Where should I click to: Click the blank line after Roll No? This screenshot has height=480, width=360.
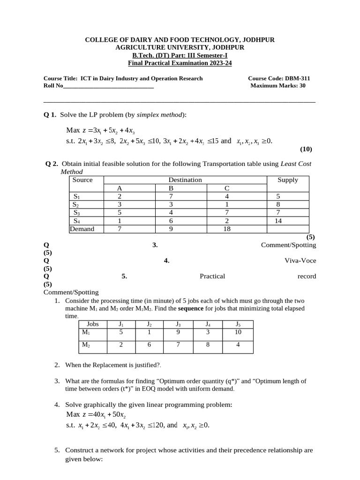pyautogui.click(x=108, y=86)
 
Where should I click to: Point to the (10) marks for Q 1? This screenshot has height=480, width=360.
pyautogui.click(x=306, y=150)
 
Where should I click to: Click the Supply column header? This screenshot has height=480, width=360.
pyautogui.click(x=288, y=180)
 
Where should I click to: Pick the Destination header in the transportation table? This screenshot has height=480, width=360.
pyautogui.click(x=185, y=180)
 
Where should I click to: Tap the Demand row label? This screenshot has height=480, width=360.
pyautogui.click(x=82, y=229)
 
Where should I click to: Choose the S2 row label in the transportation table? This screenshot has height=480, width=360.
pyautogui.click(x=75, y=204)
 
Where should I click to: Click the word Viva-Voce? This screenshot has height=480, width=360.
pyautogui.click(x=300, y=261)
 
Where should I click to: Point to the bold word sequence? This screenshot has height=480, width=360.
pyautogui.click(x=191, y=308)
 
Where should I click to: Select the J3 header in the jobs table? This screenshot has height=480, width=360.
pyautogui.click(x=178, y=324)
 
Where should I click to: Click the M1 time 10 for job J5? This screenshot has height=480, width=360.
pyautogui.click(x=238, y=332)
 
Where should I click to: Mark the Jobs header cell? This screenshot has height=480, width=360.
pyautogui.click(x=92, y=324)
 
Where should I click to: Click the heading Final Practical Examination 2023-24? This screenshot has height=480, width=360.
pyautogui.click(x=180, y=63)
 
